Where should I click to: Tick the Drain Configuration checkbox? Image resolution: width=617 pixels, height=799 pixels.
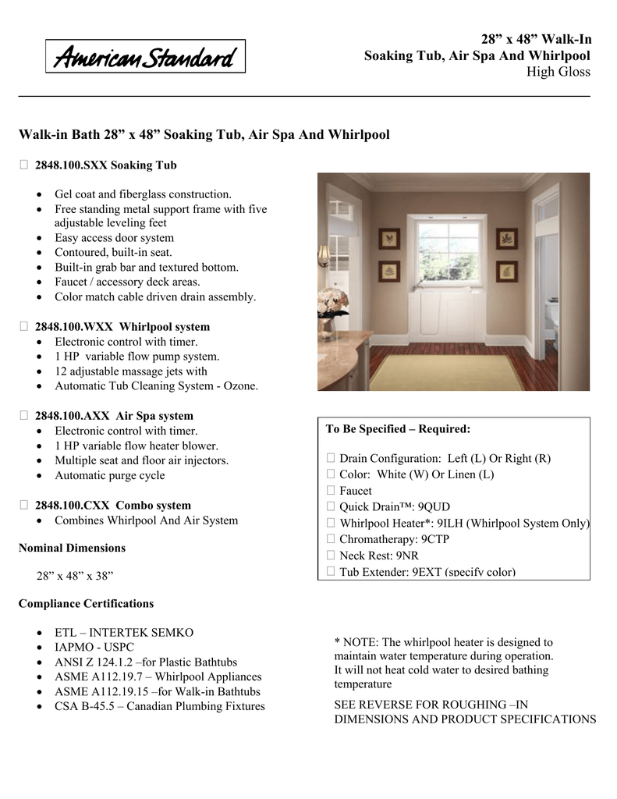click(x=331, y=460)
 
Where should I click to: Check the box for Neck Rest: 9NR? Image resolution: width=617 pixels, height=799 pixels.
click(x=331, y=556)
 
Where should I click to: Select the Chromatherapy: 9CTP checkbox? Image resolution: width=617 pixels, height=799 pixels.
click(x=331, y=540)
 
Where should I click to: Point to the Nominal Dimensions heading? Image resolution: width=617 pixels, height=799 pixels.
click(x=72, y=548)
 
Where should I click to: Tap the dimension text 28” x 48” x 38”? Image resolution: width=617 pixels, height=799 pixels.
click(x=76, y=577)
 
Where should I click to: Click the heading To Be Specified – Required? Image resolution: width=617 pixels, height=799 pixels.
click(x=398, y=430)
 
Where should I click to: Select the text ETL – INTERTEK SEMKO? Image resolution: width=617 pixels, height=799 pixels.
click(x=123, y=633)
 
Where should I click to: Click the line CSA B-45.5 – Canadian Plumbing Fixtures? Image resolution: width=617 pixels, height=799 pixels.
click(x=159, y=707)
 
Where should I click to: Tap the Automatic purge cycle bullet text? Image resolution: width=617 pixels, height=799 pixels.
click(x=109, y=475)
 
